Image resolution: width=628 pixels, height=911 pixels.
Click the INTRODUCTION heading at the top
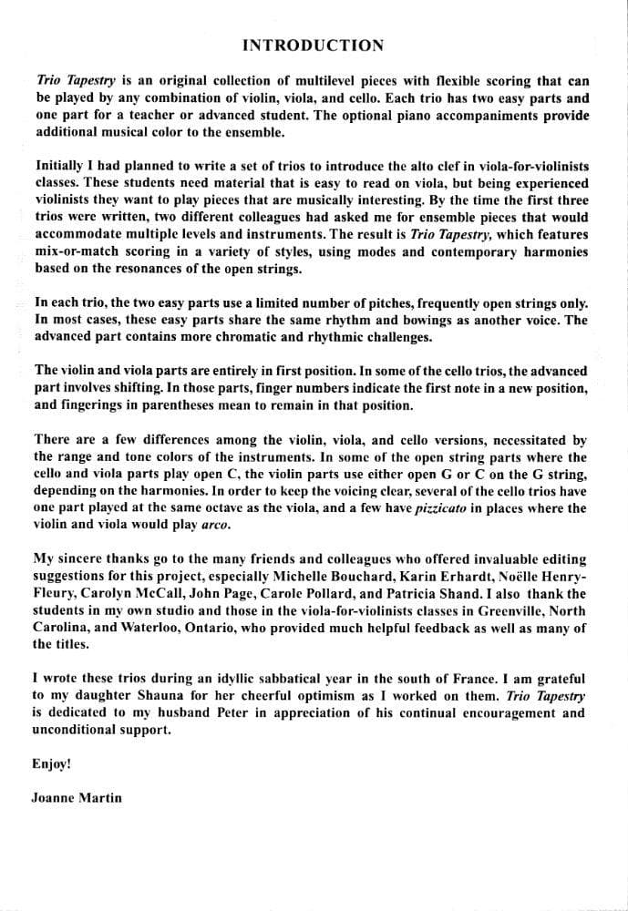(314, 46)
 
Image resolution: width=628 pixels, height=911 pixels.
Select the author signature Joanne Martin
(77, 798)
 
